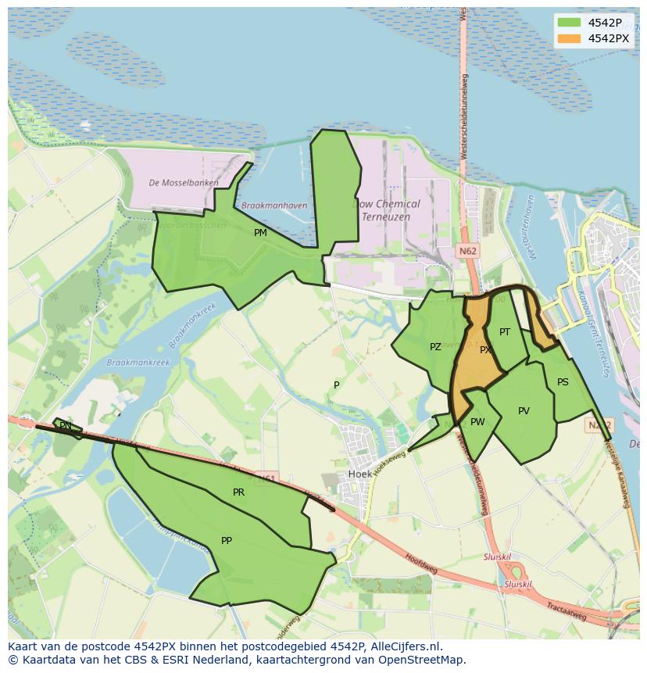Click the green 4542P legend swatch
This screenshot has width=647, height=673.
coord(570,23)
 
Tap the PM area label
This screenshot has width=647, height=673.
coord(260,233)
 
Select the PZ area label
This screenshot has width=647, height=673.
coord(435,347)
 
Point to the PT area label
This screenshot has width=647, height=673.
coord(505,332)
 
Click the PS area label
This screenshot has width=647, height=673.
coord(563,382)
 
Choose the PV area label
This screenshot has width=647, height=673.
coord(524,411)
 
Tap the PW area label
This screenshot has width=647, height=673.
coord(477,422)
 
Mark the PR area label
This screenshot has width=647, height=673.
coord(238,492)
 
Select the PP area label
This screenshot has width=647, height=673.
coord(227,540)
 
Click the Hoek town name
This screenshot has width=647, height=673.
coord(359,474)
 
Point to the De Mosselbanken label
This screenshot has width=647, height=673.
coord(184,183)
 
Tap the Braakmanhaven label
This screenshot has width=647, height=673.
coord(274,206)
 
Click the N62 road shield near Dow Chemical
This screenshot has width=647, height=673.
coord(468,251)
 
